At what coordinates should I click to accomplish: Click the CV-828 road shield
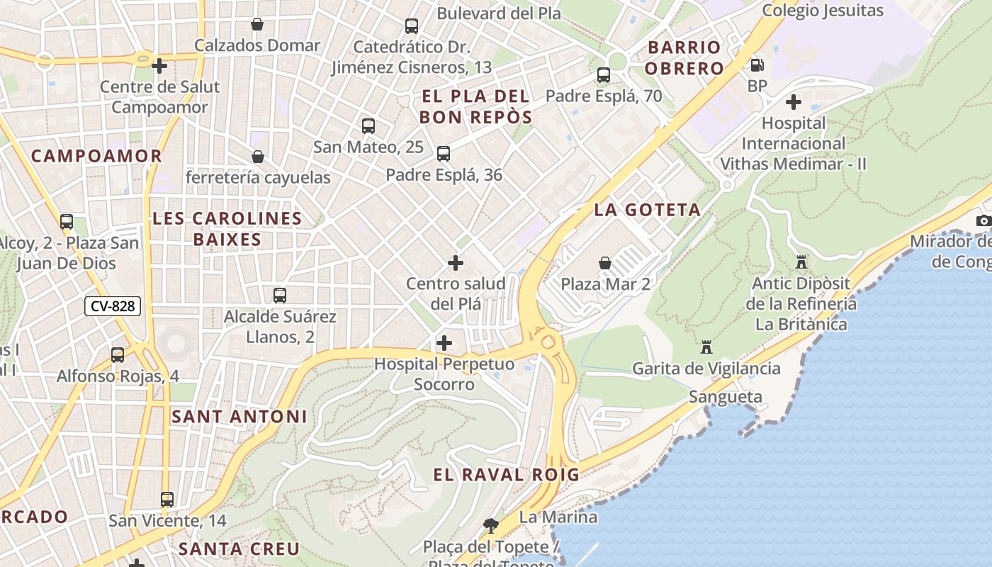tap(113, 306)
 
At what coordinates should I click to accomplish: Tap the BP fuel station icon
tap(757, 65)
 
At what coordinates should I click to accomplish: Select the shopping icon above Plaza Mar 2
tap(605, 263)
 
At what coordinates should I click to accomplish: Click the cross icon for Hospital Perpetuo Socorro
tap(444, 343)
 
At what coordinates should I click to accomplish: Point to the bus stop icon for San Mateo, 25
tap(368, 126)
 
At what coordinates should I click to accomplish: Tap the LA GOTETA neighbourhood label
tap(647, 210)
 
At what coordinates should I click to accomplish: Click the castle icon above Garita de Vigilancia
tap(706, 347)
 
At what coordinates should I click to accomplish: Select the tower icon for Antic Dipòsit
tap(801, 262)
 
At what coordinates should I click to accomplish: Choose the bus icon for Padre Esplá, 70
tap(604, 75)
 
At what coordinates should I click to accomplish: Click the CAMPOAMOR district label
tap(96, 156)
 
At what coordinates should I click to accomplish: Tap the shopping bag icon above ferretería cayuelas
tap(258, 156)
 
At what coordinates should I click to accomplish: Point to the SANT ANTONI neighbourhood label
tap(239, 417)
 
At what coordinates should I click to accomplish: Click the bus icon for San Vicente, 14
tap(167, 500)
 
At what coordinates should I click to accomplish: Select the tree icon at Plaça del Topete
tap(490, 526)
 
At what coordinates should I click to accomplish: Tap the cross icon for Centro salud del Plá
tap(456, 263)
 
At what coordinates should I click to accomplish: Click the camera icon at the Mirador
tap(983, 220)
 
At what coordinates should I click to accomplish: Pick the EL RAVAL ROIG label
tap(506, 475)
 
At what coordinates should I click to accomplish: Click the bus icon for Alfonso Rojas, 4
tap(118, 354)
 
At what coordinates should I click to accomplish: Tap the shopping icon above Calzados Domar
tap(257, 24)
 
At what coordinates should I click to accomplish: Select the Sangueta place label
tap(726, 397)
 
